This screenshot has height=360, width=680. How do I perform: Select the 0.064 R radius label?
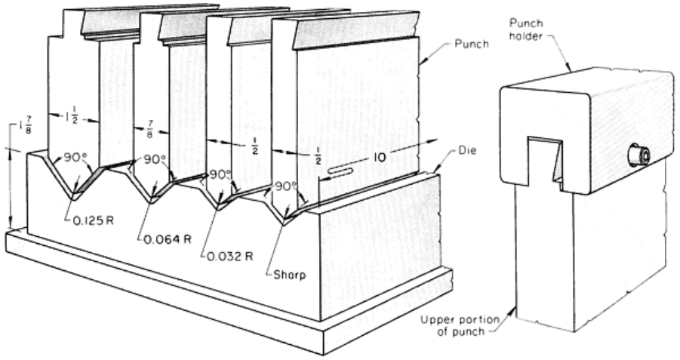(x=168, y=239)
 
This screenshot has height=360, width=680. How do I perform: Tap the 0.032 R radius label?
(x=229, y=256)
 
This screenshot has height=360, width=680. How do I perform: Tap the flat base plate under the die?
(x=226, y=302)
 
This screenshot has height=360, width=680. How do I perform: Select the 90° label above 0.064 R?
(x=155, y=161)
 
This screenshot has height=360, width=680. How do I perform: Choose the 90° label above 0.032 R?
(x=219, y=174)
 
